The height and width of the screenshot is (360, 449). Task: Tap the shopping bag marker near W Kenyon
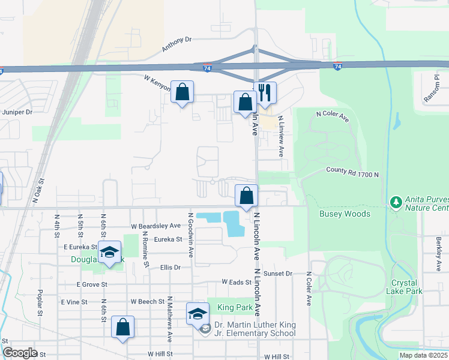pyautogui.click(x=182, y=92)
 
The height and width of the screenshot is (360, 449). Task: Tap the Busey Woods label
pyautogui.click(x=345, y=214)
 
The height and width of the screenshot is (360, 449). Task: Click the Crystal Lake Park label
pyautogui.click(x=407, y=287)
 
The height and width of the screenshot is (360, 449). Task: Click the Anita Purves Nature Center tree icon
pyautogui.click(x=396, y=202)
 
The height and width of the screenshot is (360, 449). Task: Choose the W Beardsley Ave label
pyautogui.click(x=155, y=226)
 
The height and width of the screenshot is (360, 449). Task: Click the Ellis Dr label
pyautogui.click(x=170, y=268)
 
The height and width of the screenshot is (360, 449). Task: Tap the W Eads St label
pyautogui.click(x=236, y=281)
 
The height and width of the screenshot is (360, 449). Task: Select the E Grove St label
pyautogui.click(x=91, y=284)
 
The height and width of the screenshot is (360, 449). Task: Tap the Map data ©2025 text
pyautogui.click(x=423, y=355)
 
